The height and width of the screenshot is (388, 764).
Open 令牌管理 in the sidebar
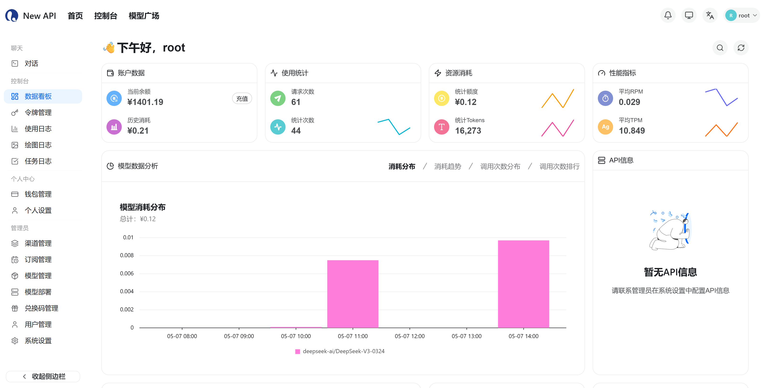[38, 113]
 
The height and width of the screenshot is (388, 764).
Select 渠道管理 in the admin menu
[38, 243]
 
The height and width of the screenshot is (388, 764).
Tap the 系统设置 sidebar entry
[38, 341]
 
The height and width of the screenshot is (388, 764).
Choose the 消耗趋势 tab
[448, 166]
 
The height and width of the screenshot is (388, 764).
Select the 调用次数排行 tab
[559, 166]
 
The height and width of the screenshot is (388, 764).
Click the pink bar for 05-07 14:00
[524, 284]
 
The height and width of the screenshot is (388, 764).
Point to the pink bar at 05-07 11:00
[353, 294]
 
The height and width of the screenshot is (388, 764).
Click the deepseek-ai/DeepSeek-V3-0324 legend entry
[340, 351]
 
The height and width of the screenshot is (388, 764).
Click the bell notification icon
[668, 16]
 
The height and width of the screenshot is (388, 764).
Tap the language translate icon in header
[710, 16]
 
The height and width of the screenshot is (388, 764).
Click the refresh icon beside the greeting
[741, 48]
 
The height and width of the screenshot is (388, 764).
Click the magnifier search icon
[720, 48]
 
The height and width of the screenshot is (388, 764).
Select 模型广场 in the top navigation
[144, 16]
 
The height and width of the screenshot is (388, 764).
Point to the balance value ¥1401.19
[145, 102]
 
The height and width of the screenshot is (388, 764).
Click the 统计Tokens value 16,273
[468, 131]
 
